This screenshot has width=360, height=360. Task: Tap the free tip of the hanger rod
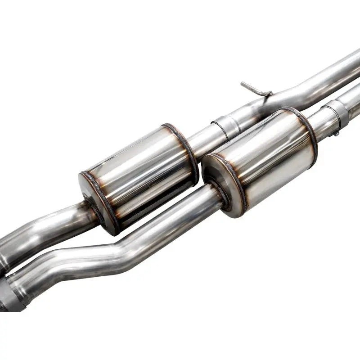click(243, 84)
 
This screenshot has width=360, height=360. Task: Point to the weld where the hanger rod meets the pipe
click(269, 94)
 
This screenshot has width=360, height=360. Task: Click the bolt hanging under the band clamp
click(335, 133)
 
